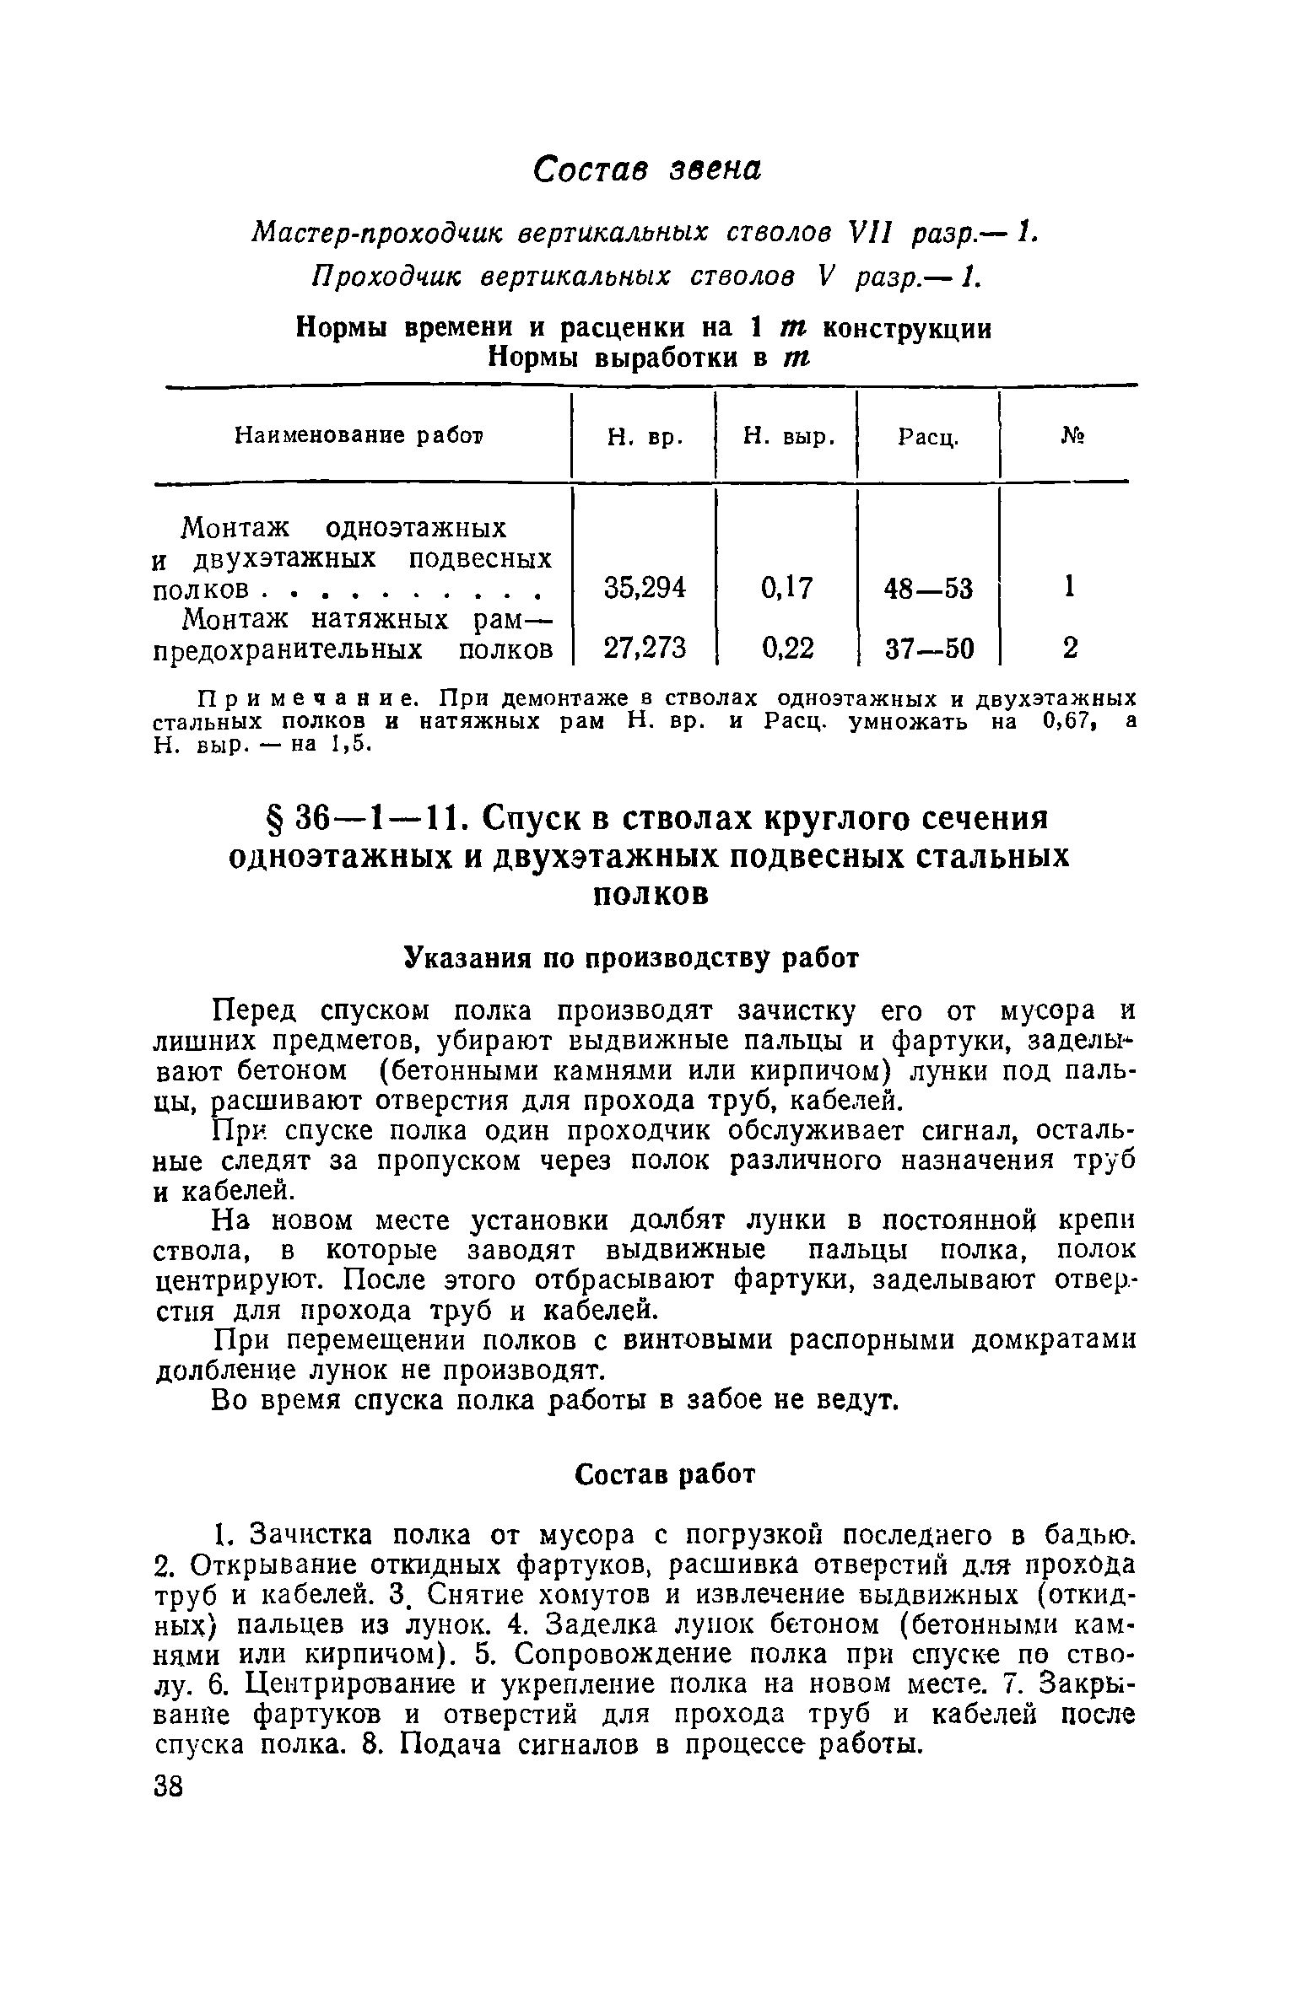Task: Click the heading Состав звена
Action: pos(647,169)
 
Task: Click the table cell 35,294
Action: pos(645,587)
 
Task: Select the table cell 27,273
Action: pos(645,648)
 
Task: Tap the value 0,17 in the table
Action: pos(786,587)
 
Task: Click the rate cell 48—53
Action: pos(928,588)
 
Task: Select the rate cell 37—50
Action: pos(928,649)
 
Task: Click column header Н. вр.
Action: pos(645,437)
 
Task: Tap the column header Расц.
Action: pos(927,438)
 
